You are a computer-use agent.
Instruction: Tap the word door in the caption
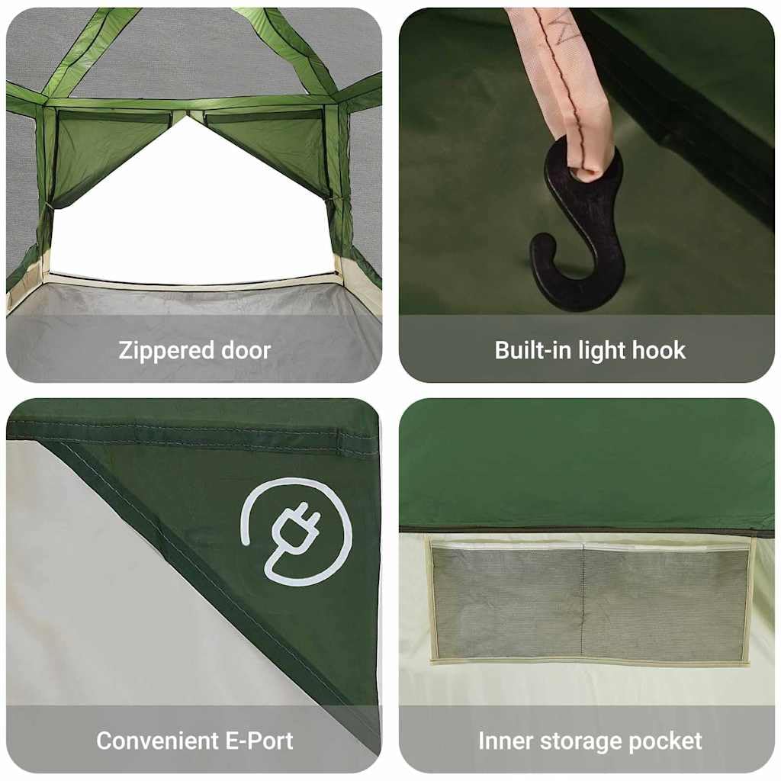246,350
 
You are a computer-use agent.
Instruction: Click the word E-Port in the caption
259,741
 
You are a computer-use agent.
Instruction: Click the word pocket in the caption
665,741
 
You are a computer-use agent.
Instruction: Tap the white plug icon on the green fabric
297,532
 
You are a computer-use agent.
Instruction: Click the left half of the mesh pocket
507,602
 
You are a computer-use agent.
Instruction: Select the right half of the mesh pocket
666,603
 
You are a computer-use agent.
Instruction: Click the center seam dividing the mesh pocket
583,602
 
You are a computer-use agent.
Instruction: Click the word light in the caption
602,351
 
